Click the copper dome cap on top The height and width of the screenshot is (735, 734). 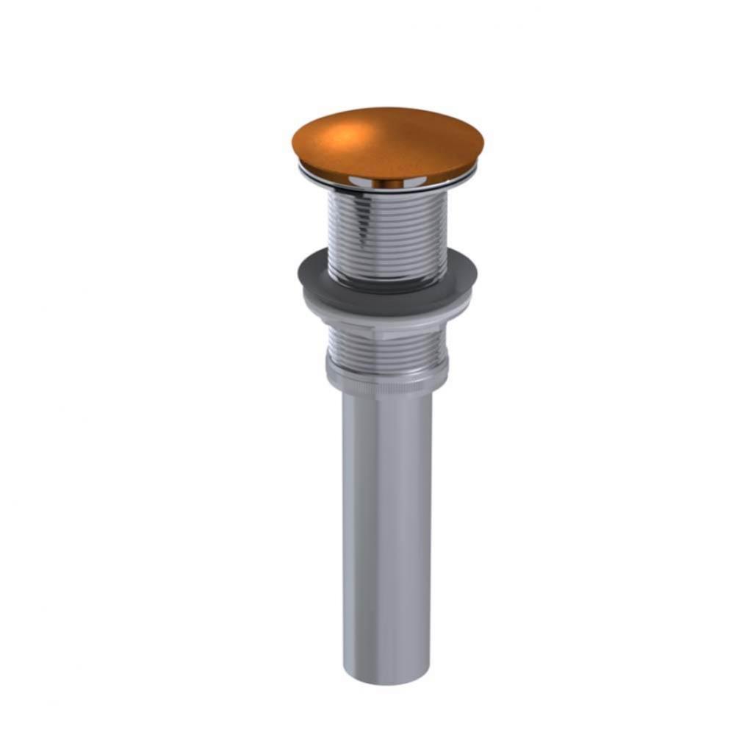[x=387, y=143]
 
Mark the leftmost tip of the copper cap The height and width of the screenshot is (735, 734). [x=293, y=144]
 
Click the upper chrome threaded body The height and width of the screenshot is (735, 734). [x=387, y=228]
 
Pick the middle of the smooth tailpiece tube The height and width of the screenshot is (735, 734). [x=387, y=529]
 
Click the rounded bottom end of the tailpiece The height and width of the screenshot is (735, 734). [x=387, y=676]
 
